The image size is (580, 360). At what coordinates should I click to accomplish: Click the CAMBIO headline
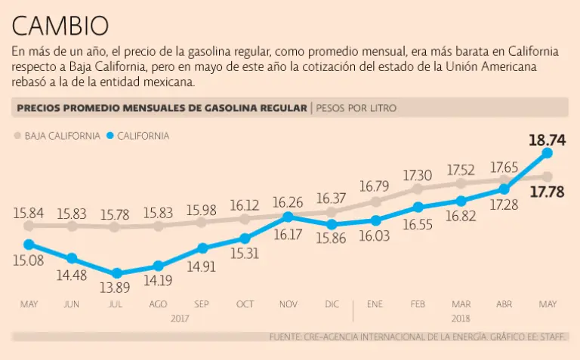coord(60,26)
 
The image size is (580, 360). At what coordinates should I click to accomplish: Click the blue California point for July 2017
coord(116,274)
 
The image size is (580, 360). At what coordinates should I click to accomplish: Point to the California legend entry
coord(137,136)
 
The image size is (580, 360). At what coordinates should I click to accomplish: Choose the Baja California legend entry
coord(57,136)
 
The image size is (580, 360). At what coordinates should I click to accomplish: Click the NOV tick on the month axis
coord(288,304)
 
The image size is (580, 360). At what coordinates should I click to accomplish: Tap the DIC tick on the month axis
coord(332,304)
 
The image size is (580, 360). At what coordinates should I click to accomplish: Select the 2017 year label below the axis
coord(180,318)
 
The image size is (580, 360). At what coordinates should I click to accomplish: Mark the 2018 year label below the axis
coord(461,318)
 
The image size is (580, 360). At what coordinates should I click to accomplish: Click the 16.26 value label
coord(288,202)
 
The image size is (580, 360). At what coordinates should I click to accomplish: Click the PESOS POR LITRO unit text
coord(356,108)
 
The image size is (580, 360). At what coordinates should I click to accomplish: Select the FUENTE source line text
coord(418,337)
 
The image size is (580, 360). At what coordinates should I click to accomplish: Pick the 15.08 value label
coord(29,262)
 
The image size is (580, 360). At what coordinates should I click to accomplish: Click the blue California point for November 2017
coord(288,217)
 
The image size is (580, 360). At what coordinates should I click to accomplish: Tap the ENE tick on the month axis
coord(375,304)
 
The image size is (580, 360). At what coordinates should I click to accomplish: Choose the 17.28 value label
coord(504,205)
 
